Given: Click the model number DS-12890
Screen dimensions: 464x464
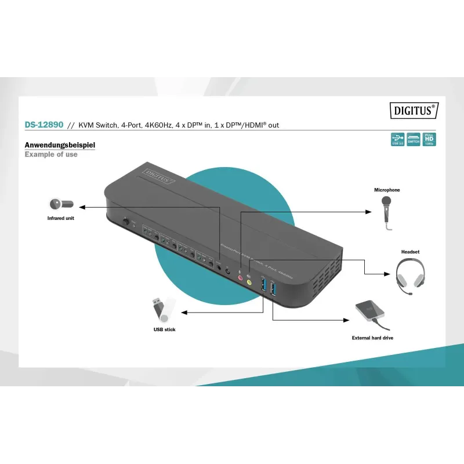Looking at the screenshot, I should (43, 125).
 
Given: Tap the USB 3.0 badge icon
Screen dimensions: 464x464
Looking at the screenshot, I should (398, 139).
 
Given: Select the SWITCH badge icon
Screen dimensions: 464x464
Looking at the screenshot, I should (414, 139).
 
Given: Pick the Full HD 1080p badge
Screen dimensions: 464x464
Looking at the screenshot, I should (429, 139).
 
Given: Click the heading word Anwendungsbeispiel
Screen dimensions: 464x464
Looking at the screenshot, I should (59, 145).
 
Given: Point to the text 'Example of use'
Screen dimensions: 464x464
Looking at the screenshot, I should (51, 155).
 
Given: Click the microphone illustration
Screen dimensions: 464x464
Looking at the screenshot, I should (386, 211).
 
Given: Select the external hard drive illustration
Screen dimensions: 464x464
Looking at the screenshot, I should (371, 314).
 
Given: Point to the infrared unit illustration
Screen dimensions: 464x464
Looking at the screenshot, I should (60, 204).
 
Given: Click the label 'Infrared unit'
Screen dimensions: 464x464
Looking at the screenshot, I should (61, 219).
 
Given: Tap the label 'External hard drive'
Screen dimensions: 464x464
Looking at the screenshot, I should (372, 338).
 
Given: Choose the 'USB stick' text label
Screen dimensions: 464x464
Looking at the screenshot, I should (164, 329).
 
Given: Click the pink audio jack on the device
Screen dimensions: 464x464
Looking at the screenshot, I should (240, 278).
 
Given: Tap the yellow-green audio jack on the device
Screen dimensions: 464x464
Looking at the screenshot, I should (249, 282).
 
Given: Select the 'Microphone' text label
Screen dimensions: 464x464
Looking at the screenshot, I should (387, 190).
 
